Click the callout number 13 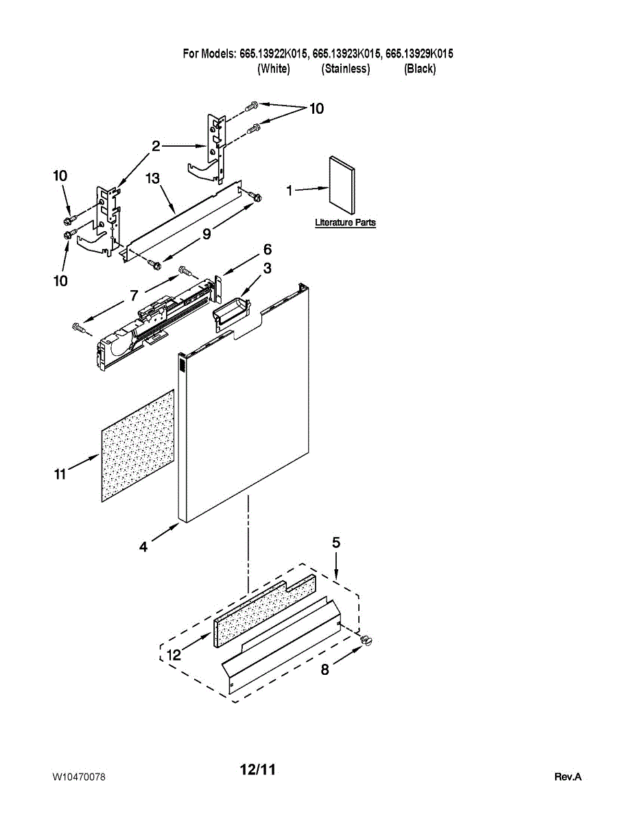pyautogui.click(x=152, y=178)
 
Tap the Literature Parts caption pyautogui.click(x=345, y=223)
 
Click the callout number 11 pyautogui.click(x=60, y=473)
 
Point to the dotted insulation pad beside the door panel pyautogui.click(x=137, y=446)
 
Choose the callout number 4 pyautogui.click(x=143, y=547)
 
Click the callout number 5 pyautogui.click(x=336, y=542)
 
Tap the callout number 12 pyautogui.click(x=174, y=656)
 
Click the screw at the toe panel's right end pyautogui.click(x=366, y=640)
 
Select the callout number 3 pyautogui.click(x=267, y=268)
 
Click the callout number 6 pyautogui.click(x=268, y=249)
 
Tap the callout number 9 pyautogui.click(x=207, y=234)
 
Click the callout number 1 pyautogui.click(x=290, y=191)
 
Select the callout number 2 pyautogui.click(x=156, y=145)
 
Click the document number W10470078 pyautogui.click(x=79, y=777)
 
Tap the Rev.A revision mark pyautogui.click(x=567, y=777)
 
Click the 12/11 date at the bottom pyautogui.click(x=257, y=770)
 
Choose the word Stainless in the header pyautogui.click(x=346, y=69)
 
